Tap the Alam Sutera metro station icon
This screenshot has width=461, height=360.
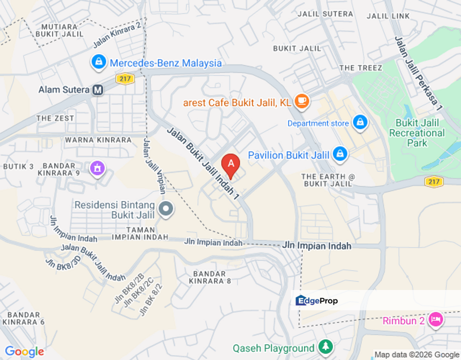click(98, 90)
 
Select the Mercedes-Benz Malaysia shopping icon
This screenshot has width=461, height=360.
click(98, 62)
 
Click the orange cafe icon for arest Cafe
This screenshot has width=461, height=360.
click(301, 101)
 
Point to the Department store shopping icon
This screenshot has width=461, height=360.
click(359, 122)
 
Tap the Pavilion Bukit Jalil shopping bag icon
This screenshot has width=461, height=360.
click(340, 154)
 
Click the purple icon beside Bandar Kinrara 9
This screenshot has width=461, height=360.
click(97, 168)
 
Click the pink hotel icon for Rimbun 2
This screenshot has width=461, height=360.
click(435, 319)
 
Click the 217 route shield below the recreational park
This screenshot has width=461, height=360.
click(433, 181)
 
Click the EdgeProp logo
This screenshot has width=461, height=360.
click(316, 300)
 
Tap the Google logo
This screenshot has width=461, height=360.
click(24, 352)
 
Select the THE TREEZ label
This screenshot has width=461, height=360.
click(360, 68)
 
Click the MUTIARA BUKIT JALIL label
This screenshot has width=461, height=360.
click(59, 30)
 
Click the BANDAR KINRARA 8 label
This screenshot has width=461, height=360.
click(211, 277)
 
